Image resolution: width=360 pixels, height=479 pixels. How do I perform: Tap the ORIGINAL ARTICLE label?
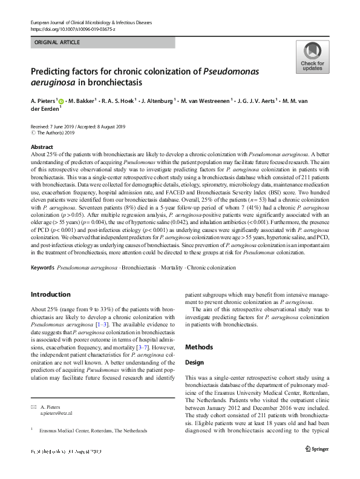click(x=57, y=43)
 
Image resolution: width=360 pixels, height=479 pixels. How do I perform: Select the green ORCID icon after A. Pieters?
click(x=61, y=101)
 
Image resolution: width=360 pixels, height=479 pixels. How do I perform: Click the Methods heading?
click(x=200, y=347)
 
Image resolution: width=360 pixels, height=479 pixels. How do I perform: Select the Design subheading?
click(x=194, y=362)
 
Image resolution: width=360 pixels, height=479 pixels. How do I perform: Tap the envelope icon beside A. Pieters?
click(x=33, y=406)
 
